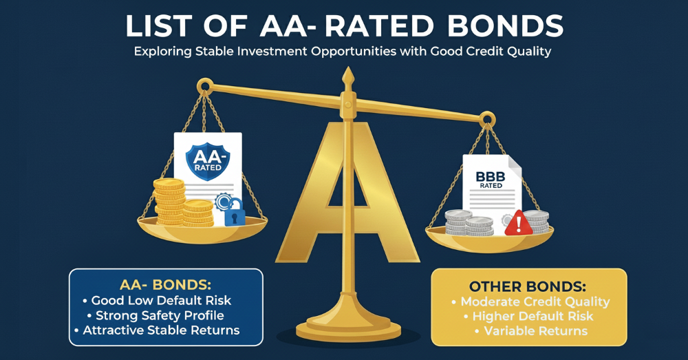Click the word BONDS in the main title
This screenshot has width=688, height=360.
pos(505,26)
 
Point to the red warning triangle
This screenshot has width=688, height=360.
pos(519,223)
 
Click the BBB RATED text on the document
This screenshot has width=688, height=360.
pos(491,180)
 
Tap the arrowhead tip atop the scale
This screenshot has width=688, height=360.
pos(348,68)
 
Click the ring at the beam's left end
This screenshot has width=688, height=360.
pos(204,84)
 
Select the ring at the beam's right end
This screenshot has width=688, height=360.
pos(487,118)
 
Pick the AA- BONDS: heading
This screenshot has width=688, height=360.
pos(165,286)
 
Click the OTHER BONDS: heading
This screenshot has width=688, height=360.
pos(528,287)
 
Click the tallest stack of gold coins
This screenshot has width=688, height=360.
pos(169,202)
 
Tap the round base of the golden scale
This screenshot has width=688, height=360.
pos(348,329)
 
